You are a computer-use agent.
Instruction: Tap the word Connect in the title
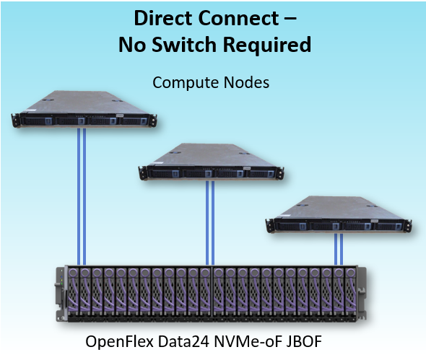[239, 18]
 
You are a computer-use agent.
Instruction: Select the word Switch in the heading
[184, 44]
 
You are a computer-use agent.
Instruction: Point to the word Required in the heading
[267, 45]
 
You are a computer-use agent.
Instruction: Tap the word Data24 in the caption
[183, 341]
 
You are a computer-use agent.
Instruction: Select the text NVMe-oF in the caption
[248, 341]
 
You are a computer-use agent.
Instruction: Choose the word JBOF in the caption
[304, 341]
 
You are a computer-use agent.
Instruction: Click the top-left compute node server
[84, 109]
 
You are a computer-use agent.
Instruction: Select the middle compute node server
[211, 162]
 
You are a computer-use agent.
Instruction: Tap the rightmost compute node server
[339, 214]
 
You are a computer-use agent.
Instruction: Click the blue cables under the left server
[82, 196]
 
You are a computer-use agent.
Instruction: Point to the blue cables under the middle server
[210, 223]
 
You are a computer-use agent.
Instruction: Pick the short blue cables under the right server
[339, 249]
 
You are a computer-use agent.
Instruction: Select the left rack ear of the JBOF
[61, 294]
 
